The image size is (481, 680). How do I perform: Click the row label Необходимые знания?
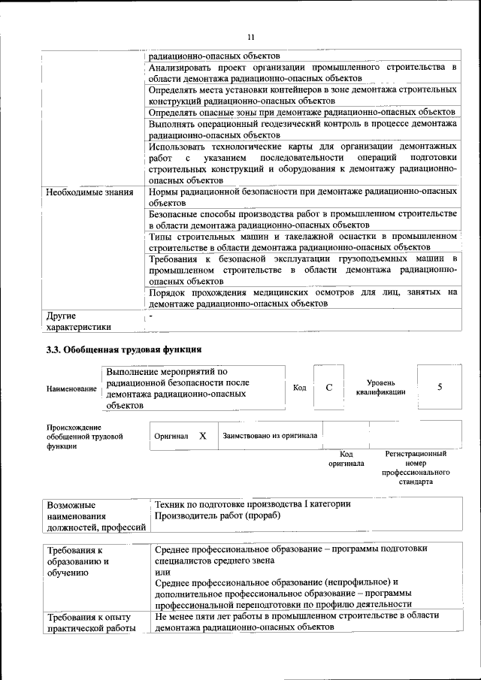tap(89, 192)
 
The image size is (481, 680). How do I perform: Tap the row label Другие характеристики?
tap(78, 322)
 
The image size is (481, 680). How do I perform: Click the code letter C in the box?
tap(328, 387)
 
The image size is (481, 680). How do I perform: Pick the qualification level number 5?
tap(439, 387)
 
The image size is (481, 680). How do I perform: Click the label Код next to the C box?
tap(299, 388)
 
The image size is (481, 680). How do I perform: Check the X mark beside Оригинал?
tap(202, 436)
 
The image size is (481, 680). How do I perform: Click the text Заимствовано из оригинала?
tap(270, 435)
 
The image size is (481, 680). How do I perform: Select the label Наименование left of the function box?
tap(71, 388)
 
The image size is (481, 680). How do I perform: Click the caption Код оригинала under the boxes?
tap(346, 459)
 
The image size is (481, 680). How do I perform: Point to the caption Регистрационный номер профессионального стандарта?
tap(416, 468)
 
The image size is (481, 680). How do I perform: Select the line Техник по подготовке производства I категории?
tap(252, 503)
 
